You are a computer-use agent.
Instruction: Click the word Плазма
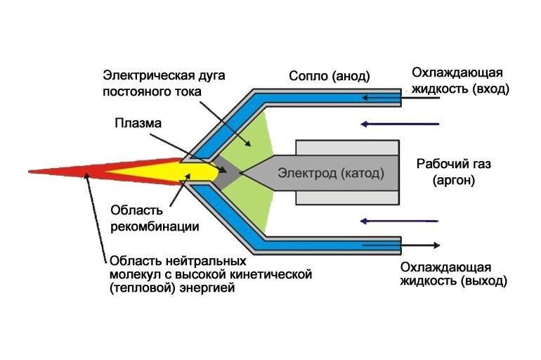pyautogui.click(x=138, y=123)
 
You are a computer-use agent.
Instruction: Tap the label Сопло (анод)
pyautogui.click(x=330, y=75)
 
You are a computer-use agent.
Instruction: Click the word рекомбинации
pyautogui.click(x=155, y=226)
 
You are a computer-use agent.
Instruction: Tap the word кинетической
pyautogui.click(x=271, y=273)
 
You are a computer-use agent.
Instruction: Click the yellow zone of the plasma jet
pyautogui.click(x=162, y=170)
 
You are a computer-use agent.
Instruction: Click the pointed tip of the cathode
pyautogui.click(x=242, y=172)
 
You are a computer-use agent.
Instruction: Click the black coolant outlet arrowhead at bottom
pyautogui.click(x=436, y=245)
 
